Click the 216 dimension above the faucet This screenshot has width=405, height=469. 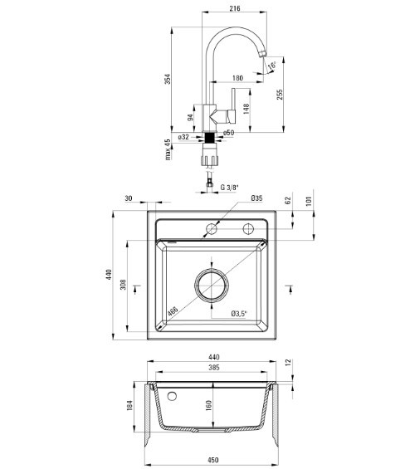[235, 8]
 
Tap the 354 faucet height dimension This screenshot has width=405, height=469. [168, 79]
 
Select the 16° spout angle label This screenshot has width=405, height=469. [272, 66]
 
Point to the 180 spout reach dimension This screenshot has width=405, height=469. [237, 78]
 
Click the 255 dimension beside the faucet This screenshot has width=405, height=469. [280, 95]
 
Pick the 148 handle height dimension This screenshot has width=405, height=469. [246, 110]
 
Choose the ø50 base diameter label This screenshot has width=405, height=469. [229, 133]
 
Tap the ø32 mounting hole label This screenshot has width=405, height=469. [183, 137]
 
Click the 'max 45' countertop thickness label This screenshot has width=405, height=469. [168, 149]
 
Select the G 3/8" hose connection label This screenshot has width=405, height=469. [230, 188]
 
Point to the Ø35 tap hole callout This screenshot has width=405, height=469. [256, 198]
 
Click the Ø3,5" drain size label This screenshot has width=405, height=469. [239, 314]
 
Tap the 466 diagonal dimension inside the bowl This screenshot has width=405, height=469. [173, 311]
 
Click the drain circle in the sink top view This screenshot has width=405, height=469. [212, 286]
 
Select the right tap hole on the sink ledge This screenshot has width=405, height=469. [248, 229]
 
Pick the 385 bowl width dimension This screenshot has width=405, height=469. [214, 367]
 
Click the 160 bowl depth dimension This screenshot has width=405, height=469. [209, 405]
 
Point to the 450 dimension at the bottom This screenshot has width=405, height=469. [213, 460]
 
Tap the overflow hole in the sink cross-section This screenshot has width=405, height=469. [172, 396]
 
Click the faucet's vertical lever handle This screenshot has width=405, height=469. [233, 106]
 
